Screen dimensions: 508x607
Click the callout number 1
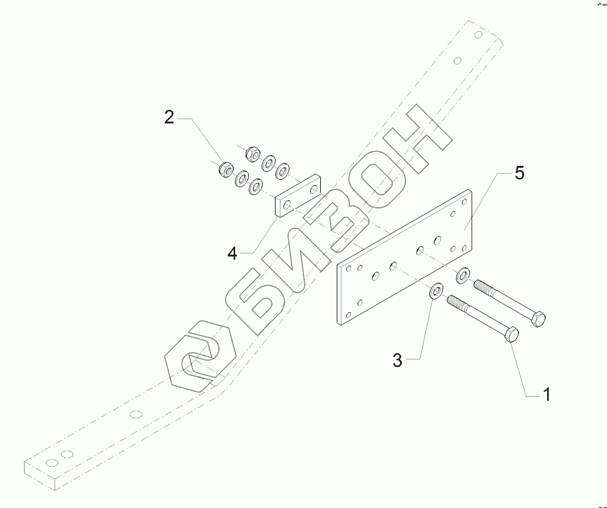[546, 395]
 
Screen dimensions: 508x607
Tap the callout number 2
[170, 119]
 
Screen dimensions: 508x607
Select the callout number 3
[397, 361]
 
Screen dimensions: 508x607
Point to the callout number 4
[232, 253]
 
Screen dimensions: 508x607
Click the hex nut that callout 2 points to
[225, 169]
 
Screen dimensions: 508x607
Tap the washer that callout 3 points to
[437, 291]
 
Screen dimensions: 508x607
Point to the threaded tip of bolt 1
[453, 301]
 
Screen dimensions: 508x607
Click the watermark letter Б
[266, 300]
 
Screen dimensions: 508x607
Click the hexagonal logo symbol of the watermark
[200, 363]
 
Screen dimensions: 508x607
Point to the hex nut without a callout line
[252, 153]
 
